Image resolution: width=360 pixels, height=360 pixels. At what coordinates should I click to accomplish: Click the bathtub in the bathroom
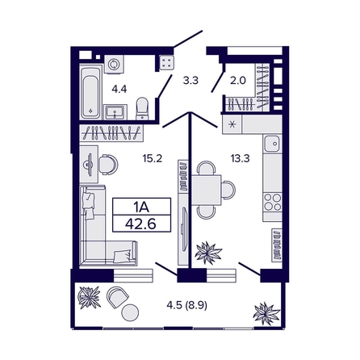pos(89,92)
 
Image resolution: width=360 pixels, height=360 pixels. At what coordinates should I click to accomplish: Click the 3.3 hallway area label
pos(190,80)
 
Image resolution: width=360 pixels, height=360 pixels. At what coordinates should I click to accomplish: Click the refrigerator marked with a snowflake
pos(233,125)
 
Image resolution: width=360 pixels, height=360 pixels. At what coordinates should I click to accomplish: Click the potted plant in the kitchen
pos(208,252)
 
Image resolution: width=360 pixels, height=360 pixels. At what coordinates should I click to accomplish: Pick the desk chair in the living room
pos(108,165)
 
